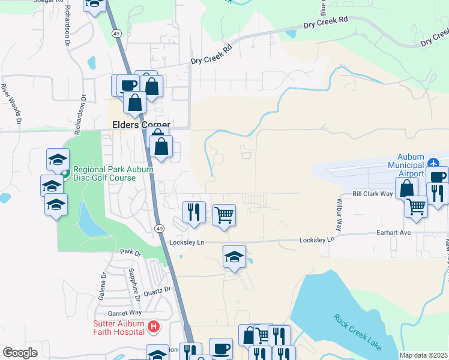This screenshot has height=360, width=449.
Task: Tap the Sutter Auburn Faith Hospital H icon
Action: [x=154, y=326]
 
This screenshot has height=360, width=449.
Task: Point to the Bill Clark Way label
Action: [x=372, y=194]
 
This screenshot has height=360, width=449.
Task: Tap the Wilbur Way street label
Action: [x=339, y=215]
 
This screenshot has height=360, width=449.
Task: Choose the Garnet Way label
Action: [x=124, y=313]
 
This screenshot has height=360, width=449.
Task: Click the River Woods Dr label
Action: [x=11, y=104]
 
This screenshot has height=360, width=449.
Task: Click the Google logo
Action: [x=20, y=352]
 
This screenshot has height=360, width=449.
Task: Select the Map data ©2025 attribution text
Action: [x=423, y=355]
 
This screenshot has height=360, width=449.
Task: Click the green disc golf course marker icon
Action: [x=66, y=174]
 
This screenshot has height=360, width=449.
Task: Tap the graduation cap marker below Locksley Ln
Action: [x=234, y=257]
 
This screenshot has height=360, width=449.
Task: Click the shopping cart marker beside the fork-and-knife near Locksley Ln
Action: [x=224, y=214]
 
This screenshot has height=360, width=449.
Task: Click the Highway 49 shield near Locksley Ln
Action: [x=159, y=229]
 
